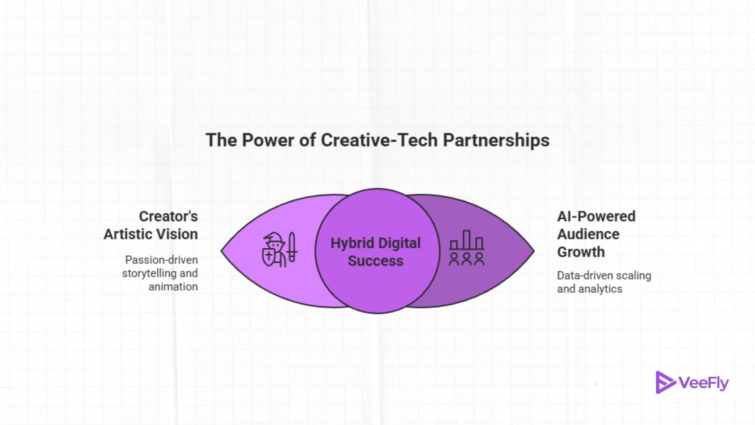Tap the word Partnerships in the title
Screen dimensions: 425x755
(x=496, y=140)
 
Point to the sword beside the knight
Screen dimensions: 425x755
(x=292, y=247)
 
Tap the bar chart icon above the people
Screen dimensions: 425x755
(x=467, y=240)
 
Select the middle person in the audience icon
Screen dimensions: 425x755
(x=467, y=259)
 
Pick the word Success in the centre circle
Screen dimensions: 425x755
(x=376, y=261)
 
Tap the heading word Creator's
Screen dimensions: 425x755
(x=168, y=216)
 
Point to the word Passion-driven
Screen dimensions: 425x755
(x=161, y=260)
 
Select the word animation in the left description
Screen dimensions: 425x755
(x=173, y=287)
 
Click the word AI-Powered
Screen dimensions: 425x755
(x=596, y=216)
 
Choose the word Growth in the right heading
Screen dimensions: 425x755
(x=581, y=252)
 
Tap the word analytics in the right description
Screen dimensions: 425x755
(x=600, y=289)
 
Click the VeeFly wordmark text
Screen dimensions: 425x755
(x=704, y=383)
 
